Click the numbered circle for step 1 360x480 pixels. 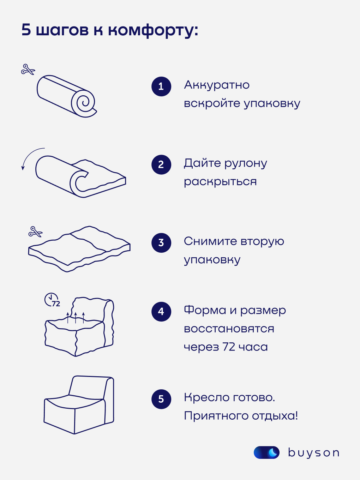161,86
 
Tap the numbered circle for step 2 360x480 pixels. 161,164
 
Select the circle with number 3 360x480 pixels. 161,242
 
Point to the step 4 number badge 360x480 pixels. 161,311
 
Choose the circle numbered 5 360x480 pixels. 161,399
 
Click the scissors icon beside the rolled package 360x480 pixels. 28,70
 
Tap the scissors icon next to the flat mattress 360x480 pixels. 35,232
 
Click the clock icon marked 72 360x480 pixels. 52,300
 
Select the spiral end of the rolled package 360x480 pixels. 84,102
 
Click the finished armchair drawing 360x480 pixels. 79,405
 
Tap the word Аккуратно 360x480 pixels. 217,85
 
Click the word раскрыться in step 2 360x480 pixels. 220,182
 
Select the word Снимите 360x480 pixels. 210,241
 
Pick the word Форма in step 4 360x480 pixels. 205,310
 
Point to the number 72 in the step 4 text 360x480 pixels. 229,347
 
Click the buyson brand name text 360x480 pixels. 313,453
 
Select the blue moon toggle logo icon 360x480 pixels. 266,452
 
